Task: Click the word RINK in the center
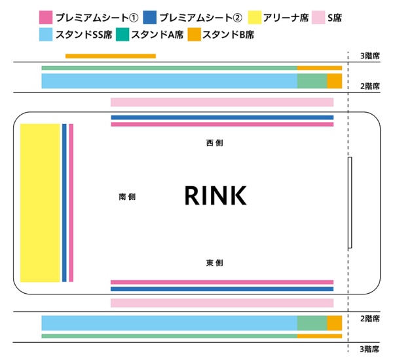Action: click(x=215, y=195)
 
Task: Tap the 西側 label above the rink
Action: click(x=214, y=142)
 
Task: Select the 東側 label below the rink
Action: click(x=214, y=263)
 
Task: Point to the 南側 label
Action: click(x=127, y=197)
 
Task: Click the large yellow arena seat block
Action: click(x=39, y=203)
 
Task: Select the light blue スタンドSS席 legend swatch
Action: click(x=46, y=34)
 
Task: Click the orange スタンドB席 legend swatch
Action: click(x=195, y=34)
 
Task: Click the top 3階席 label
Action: click(x=370, y=56)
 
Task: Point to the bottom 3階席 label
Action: click(x=370, y=348)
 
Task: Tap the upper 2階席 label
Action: click(x=370, y=86)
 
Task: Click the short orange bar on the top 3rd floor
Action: click(x=110, y=56)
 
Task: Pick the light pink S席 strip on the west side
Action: click(x=222, y=102)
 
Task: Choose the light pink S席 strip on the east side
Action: click(x=222, y=303)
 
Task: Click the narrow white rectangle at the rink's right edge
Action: click(x=350, y=203)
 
